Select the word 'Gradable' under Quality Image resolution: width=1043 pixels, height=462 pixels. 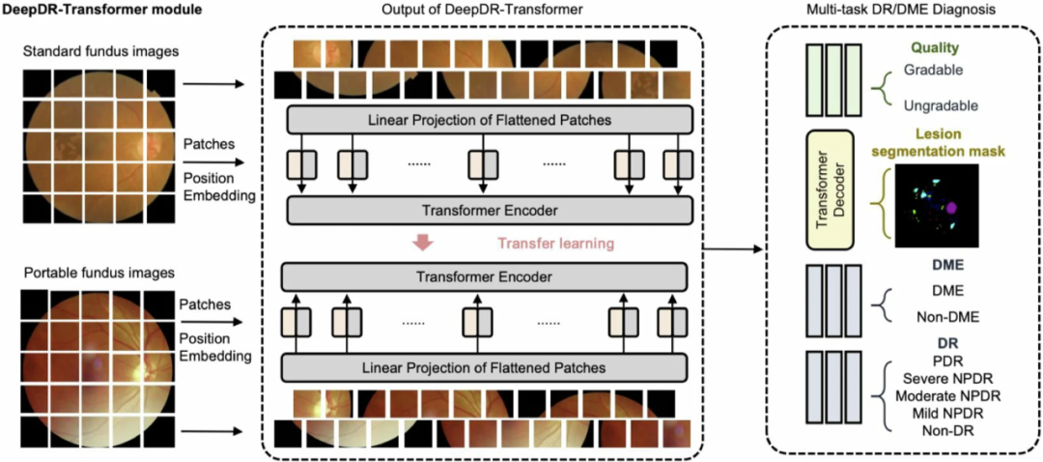[932, 70]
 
